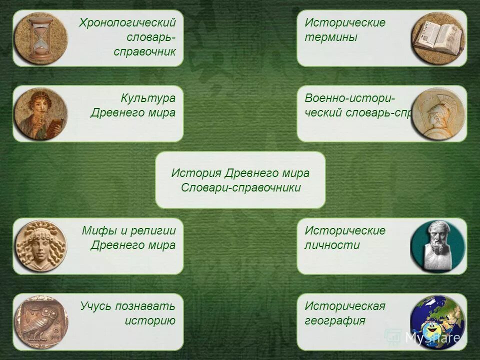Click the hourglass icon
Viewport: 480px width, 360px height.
pos(40,38)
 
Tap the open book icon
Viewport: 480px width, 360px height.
pos(438,38)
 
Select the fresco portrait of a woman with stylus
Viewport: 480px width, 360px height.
pos(40,113)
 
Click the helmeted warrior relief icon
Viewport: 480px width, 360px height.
pos(438,113)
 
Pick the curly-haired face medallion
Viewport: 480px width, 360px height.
pos(40,246)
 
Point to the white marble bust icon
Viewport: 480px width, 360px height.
pos(438,246)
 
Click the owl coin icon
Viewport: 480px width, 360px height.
pos(40,321)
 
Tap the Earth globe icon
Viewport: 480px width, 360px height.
pos(438,321)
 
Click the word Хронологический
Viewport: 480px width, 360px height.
pos(127,23)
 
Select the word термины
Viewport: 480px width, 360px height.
pos(331,37)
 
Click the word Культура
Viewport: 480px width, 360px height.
pos(148,98)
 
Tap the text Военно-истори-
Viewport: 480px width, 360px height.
pos(350,98)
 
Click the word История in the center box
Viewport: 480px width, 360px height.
pos(196,173)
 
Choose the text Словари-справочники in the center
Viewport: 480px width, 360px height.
pos(240,188)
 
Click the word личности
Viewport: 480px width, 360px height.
pos(332,245)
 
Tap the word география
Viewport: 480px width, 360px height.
pos(335,320)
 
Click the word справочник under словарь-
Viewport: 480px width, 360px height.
pos(144,52)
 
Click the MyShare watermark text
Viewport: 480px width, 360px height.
pos(432,338)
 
